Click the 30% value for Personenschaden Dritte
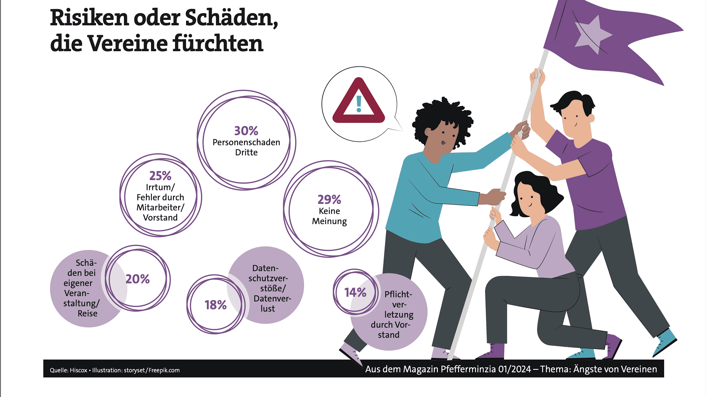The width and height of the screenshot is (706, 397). [x=246, y=131]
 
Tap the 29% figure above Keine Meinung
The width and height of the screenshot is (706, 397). [x=329, y=200]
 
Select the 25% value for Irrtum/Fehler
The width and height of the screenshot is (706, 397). [x=160, y=176]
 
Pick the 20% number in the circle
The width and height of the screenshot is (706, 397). [x=138, y=279]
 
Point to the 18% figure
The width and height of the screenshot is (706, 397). [x=215, y=305]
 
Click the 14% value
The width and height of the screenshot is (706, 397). [x=355, y=292]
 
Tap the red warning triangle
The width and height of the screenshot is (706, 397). [x=359, y=102]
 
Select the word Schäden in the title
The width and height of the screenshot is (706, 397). [x=231, y=18]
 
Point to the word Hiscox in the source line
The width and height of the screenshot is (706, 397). [x=78, y=370]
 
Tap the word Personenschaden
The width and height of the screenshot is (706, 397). [x=246, y=142]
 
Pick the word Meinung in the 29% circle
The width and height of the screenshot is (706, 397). [x=329, y=221]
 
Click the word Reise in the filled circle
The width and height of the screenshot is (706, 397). [x=88, y=313]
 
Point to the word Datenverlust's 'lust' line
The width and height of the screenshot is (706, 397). [x=268, y=309]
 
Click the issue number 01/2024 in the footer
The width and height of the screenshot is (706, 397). [x=514, y=369]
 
